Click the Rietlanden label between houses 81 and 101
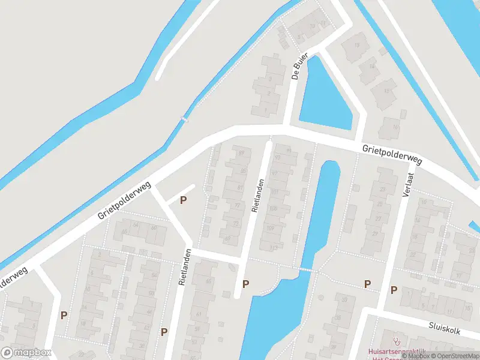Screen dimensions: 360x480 (x=258, y=196)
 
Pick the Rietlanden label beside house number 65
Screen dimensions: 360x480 (x=184, y=272)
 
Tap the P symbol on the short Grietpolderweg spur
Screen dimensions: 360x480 (x=183, y=200)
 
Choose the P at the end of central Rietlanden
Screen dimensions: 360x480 (x=245, y=284)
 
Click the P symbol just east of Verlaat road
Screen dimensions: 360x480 (x=394, y=290)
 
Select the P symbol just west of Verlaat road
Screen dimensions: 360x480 (x=367, y=284)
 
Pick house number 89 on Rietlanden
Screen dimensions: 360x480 (x=242, y=154)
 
